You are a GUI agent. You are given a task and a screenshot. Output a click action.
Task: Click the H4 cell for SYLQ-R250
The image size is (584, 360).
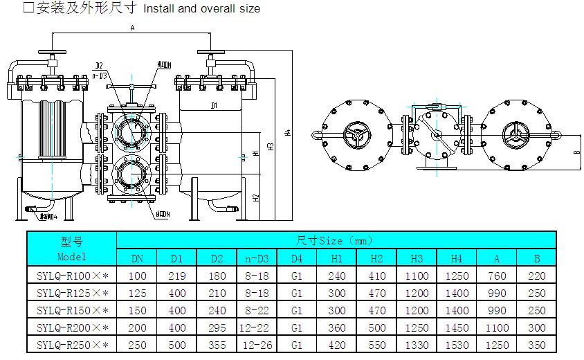coord(456,344)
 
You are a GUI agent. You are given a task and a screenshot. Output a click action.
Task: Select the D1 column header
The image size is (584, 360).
coord(176,258)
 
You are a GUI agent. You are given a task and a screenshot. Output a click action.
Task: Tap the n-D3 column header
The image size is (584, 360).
coord(257,258)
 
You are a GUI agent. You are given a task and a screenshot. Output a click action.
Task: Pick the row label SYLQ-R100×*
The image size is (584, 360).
coord(71,276)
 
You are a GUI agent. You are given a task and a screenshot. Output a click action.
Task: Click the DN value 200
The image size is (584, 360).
coord(137,327)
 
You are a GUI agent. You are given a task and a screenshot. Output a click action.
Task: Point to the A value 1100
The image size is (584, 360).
coord(497,327)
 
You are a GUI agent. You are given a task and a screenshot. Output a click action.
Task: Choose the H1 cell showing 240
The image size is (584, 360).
coord(336,276)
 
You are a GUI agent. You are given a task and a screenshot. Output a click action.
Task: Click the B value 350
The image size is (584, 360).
coord(536,344)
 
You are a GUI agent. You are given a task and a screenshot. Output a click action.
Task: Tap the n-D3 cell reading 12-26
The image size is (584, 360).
coord(257,344)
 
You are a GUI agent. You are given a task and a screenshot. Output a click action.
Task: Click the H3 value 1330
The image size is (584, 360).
coord(417,344)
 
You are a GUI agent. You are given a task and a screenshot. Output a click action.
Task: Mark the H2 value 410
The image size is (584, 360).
coord(376,276)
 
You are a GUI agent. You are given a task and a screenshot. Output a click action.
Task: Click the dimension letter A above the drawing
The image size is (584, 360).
coord(132,28)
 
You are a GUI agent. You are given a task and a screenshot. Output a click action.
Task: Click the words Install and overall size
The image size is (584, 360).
coord(201,9)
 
